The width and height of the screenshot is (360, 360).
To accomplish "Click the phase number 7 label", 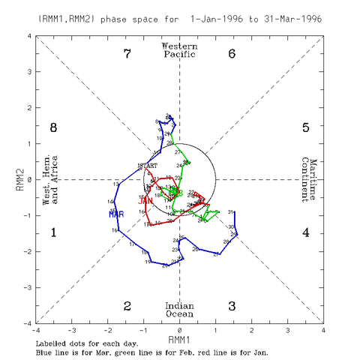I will (x=127, y=53).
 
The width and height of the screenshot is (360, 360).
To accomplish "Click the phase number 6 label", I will (x=232, y=53).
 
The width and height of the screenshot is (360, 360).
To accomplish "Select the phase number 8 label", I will (x=53, y=127).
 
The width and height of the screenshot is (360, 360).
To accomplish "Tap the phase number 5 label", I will (x=306, y=127).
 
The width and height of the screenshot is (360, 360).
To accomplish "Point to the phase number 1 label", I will (x=53, y=232).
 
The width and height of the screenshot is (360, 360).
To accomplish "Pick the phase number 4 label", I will (x=306, y=232).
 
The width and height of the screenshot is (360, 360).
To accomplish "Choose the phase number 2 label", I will (x=127, y=306).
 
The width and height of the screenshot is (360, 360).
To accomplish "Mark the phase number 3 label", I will (x=232, y=306).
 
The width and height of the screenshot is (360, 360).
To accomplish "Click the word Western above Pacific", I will (x=180, y=46).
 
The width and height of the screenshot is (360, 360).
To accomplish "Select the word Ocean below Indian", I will (x=180, y=313).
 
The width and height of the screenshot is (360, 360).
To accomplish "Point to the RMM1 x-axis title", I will (x=180, y=339).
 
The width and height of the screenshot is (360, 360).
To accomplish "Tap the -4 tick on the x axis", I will (x=36, y=330).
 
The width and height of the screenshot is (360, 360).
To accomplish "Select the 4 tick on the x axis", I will (x=323, y=330).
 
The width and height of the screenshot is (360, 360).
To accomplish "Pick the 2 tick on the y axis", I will (x=28, y=108).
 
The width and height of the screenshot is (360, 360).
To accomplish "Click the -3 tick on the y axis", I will (x=26, y=288).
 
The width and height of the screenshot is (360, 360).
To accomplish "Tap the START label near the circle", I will (x=149, y=165).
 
